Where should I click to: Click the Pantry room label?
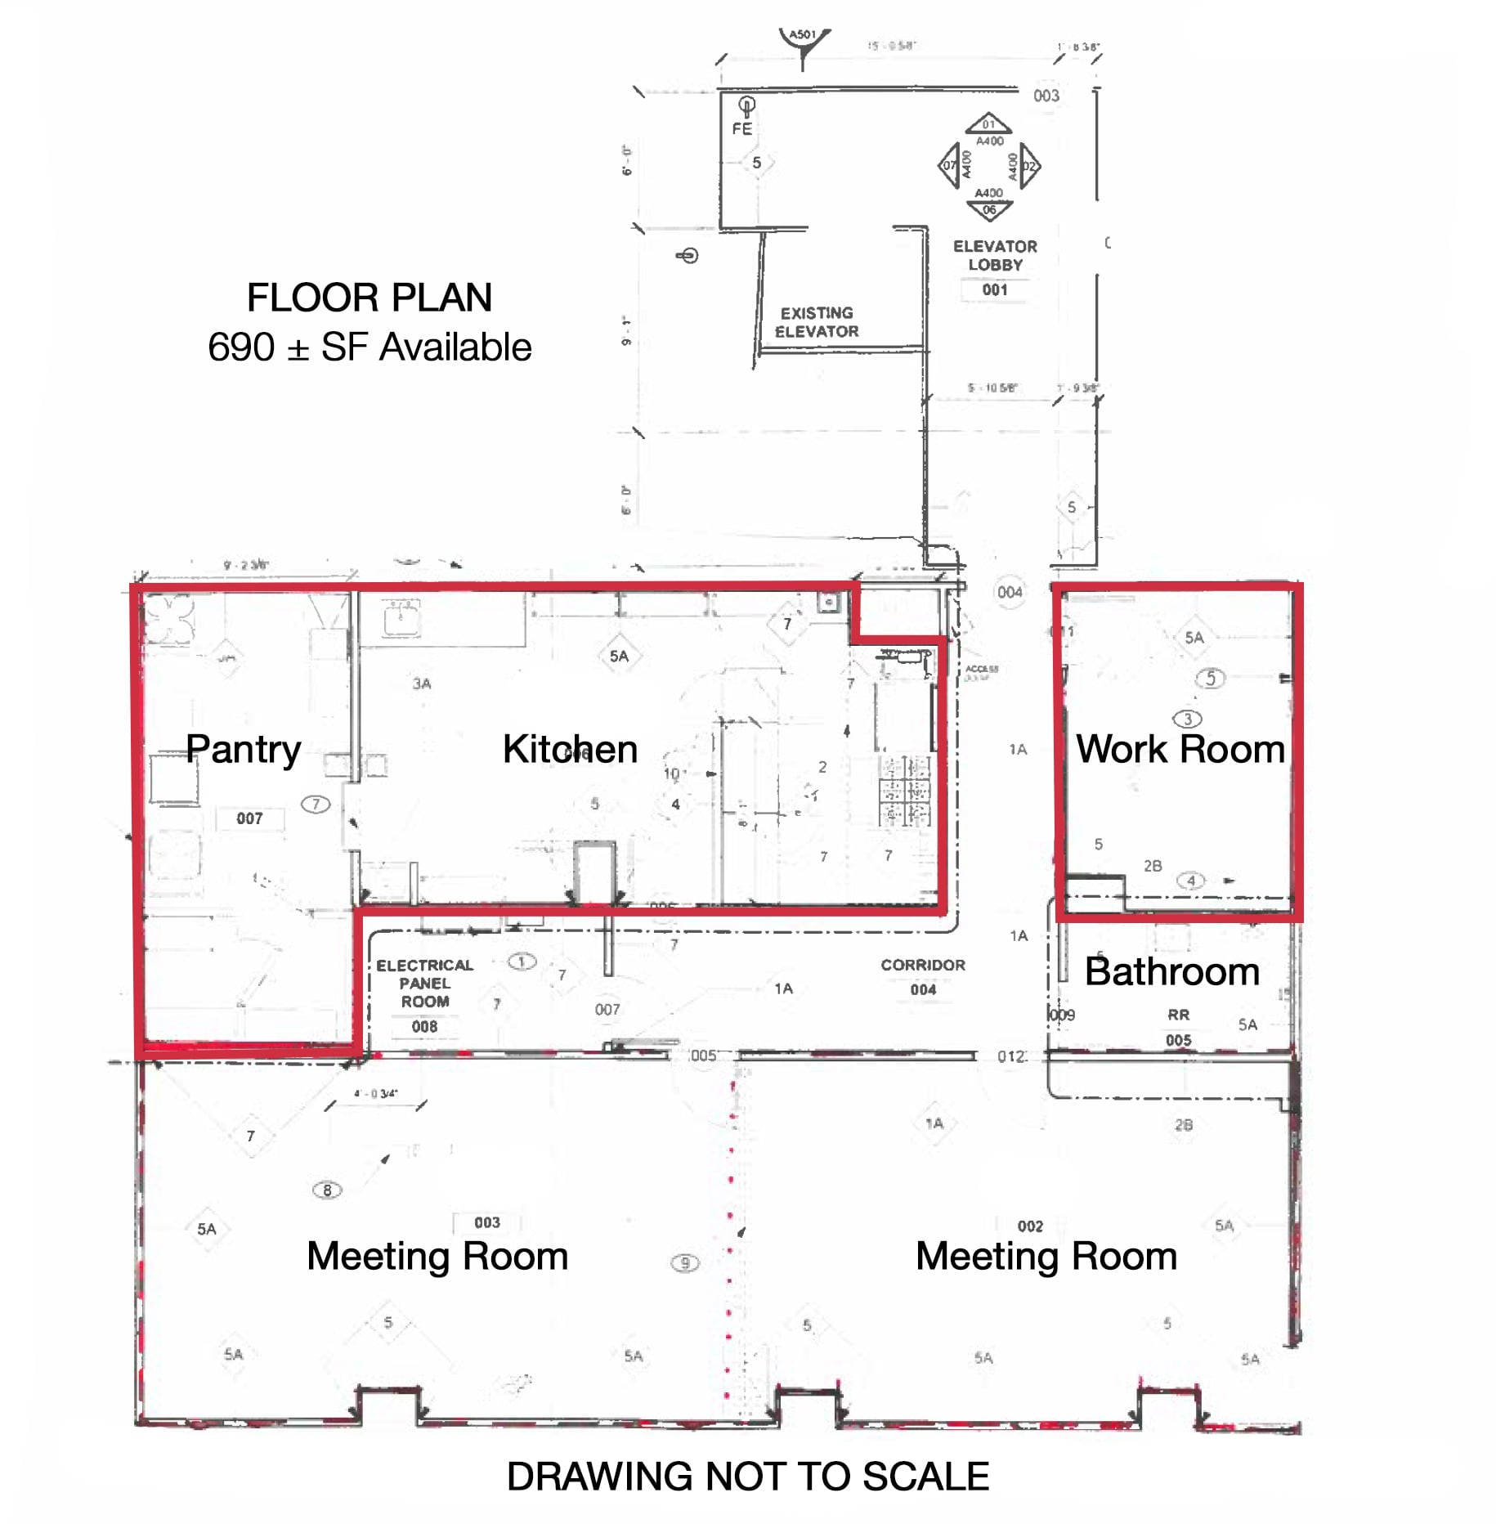coord(243,749)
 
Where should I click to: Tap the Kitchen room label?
coord(569,749)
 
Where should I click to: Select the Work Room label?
coord(1180,749)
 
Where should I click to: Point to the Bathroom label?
coord(1171,971)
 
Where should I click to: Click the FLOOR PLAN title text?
coord(369,298)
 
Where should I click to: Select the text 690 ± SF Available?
coord(369,347)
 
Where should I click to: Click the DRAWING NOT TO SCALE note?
coord(747,1477)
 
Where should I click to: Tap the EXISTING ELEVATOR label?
coord(816,322)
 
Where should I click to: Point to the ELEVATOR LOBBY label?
coord(994,255)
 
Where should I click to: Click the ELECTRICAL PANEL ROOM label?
coord(424,983)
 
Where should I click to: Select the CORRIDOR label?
coord(922,965)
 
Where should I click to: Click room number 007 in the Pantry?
coord(249,818)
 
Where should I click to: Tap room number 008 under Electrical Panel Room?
coord(424,1026)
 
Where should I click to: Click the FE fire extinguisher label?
coord(741,129)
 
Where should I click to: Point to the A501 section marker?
coord(803,36)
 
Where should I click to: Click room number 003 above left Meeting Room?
coord(486,1222)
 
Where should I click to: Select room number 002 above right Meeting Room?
coord(1029,1226)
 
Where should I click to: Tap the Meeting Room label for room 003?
coord(437,1257)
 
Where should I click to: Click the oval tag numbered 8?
coord(327,1190)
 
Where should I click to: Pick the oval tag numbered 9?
coord(684,1263)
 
